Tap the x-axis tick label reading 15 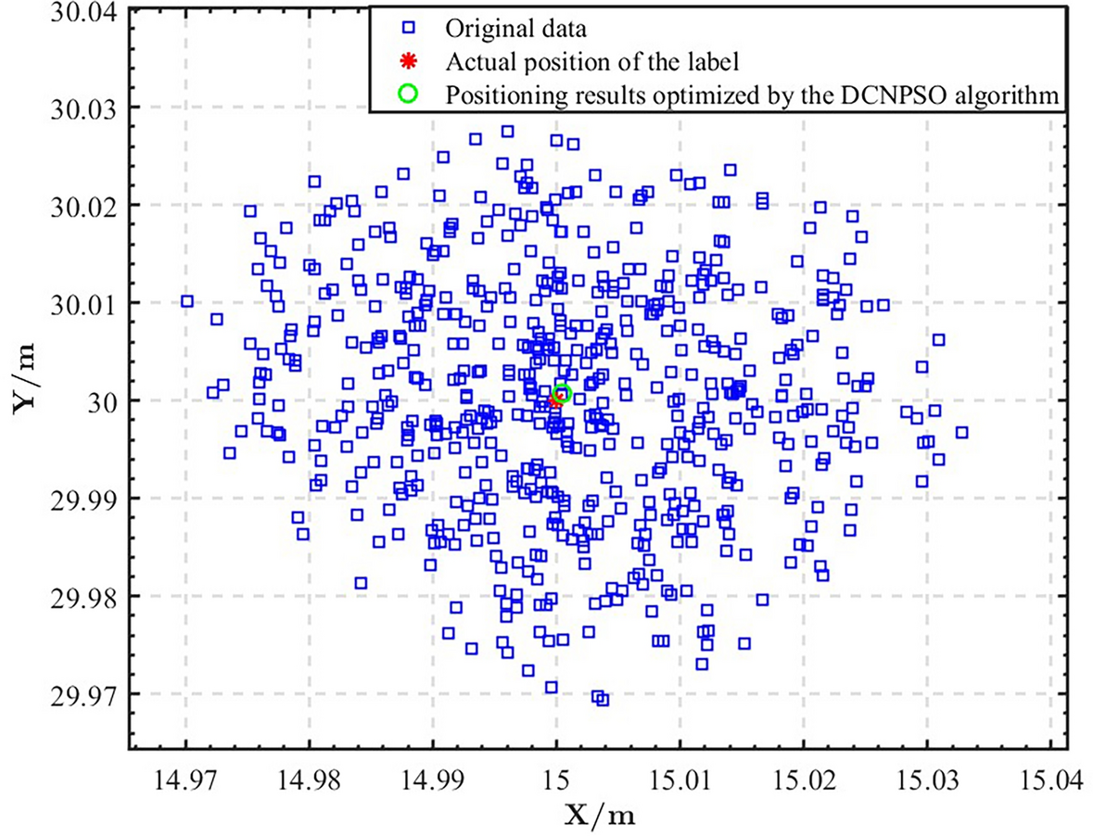tap(555, 780)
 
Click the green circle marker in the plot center tap(561, 394)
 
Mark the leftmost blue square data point tap(187, 301)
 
